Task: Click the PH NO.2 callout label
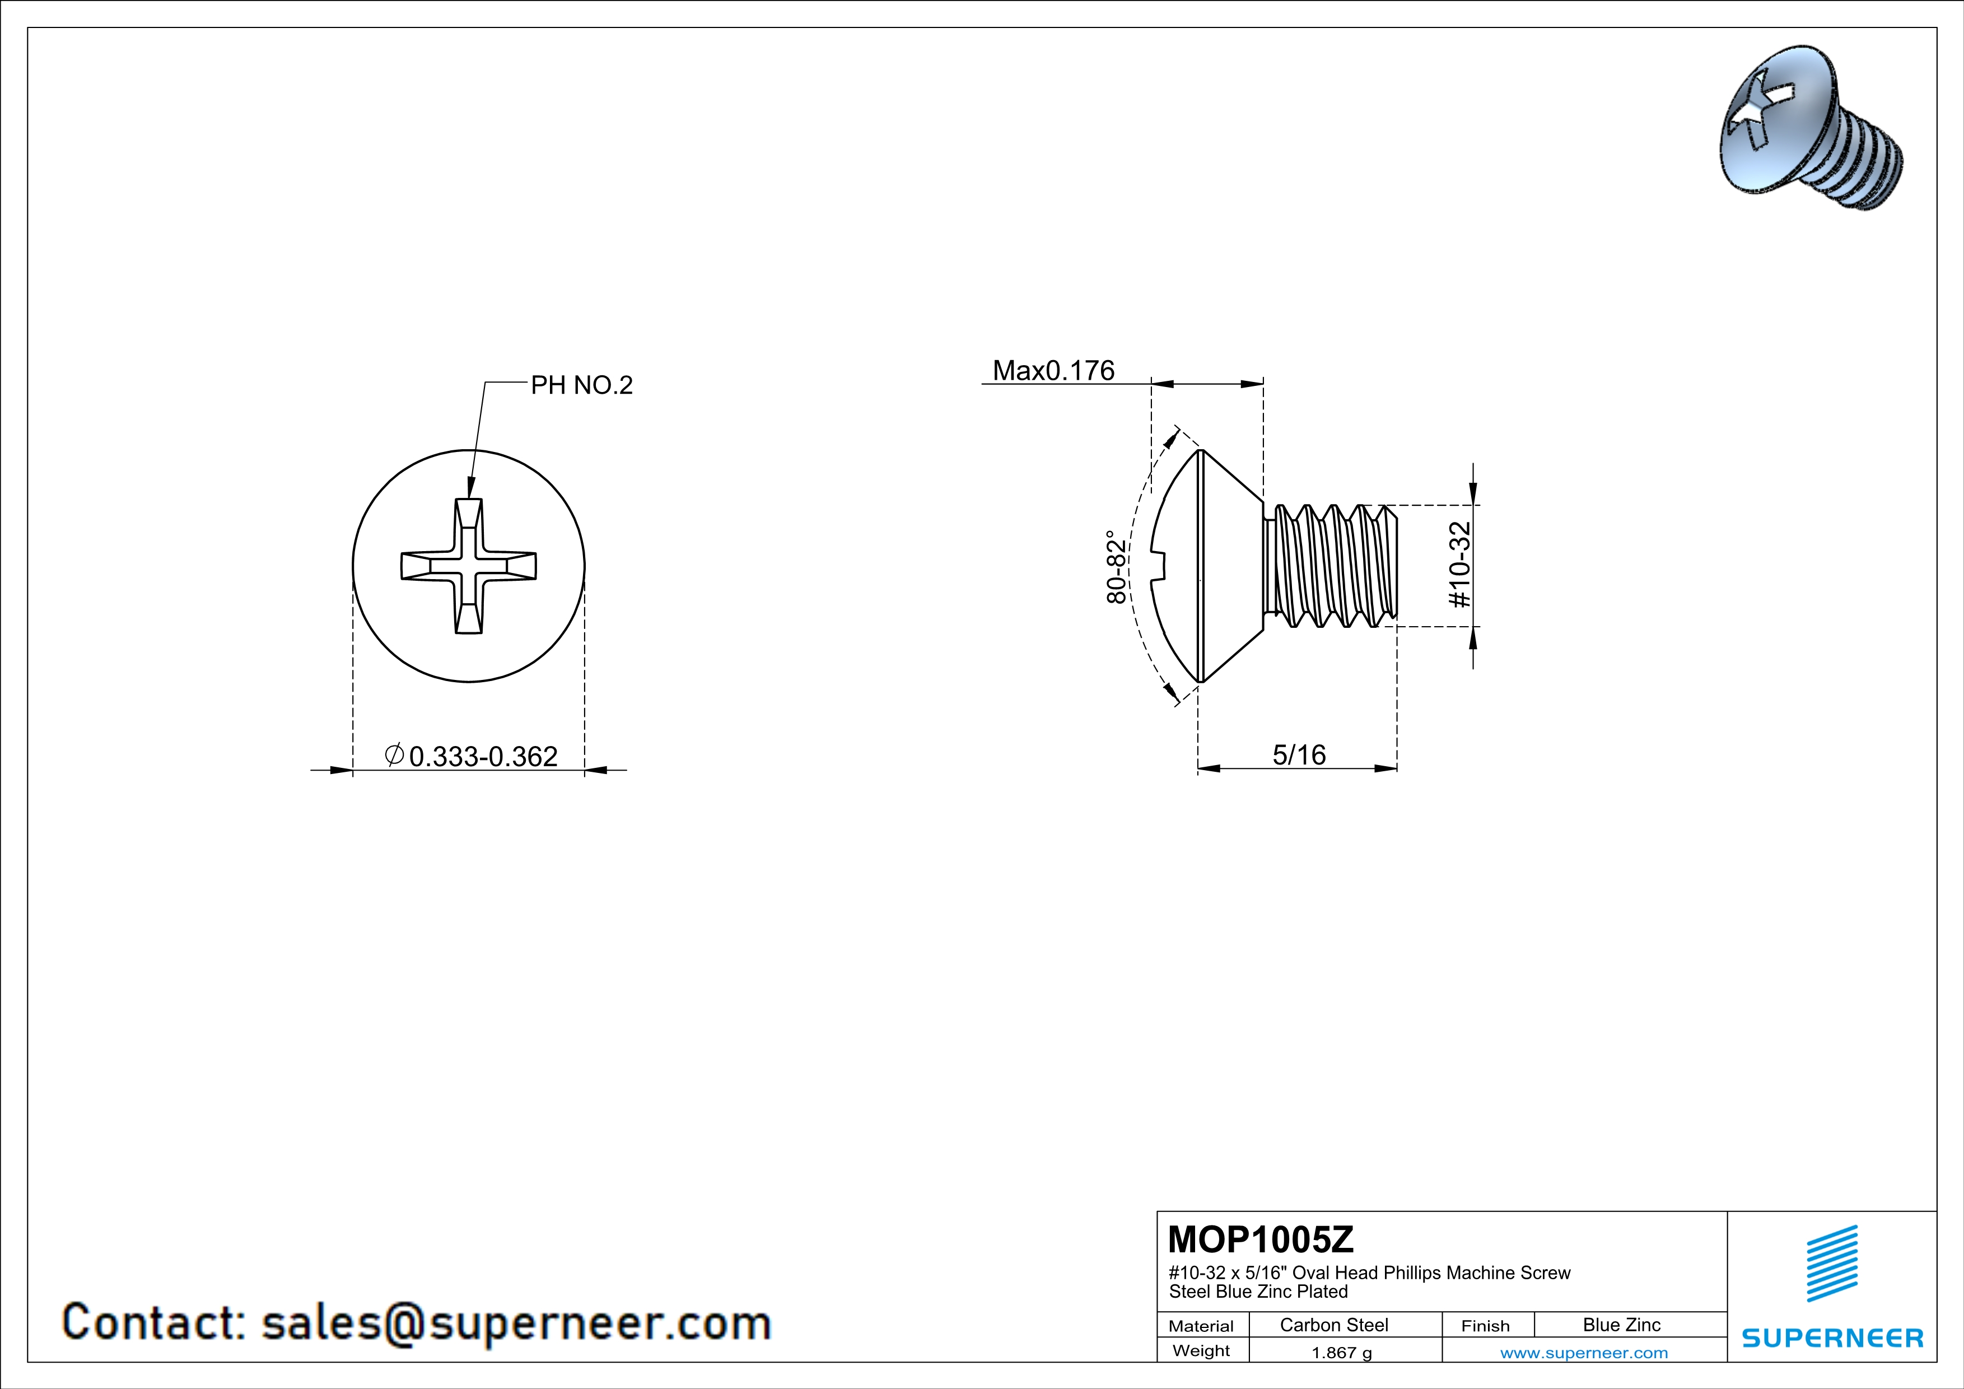click(582, 386)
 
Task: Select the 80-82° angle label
click(1116, 567)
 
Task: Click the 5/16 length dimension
click(1299, 754)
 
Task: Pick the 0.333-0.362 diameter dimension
click(472, 756)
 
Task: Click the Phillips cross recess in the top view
click(469, 566)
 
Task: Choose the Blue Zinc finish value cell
click(1622, 1325)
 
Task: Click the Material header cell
click(1201, 1326)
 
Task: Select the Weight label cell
click(1201, 1350)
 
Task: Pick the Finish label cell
click(1485, 1326)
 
